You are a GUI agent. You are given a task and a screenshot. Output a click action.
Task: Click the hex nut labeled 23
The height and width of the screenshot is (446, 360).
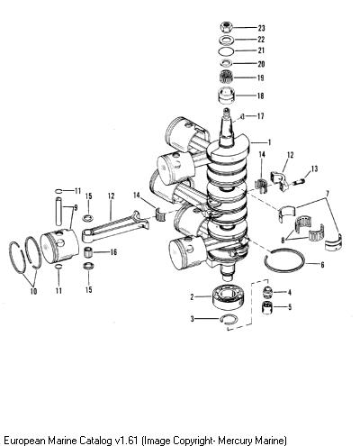[x=227, y=27]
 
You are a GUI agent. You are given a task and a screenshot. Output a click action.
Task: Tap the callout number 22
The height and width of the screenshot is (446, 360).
[x=261, y=40]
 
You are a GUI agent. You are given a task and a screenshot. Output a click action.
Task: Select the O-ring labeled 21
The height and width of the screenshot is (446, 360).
[x=226, y=51]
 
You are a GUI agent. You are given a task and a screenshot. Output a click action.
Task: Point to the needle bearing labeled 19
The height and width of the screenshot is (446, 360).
[x=226, y=77]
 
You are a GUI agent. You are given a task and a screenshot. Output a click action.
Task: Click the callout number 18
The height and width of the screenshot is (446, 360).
[x=261, y=96]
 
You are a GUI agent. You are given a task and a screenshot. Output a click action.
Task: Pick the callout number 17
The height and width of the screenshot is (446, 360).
[x=261, y=116]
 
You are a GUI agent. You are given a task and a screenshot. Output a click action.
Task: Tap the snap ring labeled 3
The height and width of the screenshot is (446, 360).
[x=229, y=319]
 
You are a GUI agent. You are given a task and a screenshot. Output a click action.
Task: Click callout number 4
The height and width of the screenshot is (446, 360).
[x=289, y=292]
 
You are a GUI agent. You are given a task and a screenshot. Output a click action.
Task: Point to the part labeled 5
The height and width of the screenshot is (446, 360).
[x=267, y=307]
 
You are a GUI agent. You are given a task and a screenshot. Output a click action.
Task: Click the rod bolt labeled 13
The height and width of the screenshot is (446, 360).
[x=300, y=181]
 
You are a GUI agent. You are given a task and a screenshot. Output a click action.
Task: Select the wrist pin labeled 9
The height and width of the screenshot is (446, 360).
[x=58, y=211]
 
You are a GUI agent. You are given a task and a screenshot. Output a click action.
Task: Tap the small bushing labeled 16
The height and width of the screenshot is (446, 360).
[x=87, y=251]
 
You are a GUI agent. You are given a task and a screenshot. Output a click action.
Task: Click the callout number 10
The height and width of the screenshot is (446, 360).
[x=33, y=291]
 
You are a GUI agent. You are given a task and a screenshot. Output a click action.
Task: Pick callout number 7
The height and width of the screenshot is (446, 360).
[x=328, y=192]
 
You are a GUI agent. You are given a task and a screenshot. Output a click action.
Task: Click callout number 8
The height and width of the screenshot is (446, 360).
[x=283, y=240]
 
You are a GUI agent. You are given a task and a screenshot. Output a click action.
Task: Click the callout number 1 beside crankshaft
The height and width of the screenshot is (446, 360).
[x=269, y=142]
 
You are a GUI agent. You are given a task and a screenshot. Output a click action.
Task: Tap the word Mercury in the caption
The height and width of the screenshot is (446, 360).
[x=236, y=441]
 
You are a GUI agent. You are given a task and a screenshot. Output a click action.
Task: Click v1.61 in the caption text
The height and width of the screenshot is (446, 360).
[x=127, y=441]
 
